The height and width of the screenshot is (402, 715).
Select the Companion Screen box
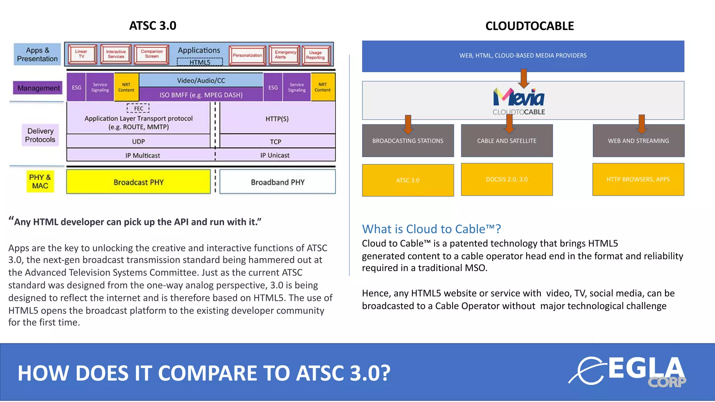pos(152,54)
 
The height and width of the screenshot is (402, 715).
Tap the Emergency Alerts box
pos(285,55)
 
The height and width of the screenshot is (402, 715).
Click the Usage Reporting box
pos(316,55)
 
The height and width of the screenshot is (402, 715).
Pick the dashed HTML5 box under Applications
pos(200,62)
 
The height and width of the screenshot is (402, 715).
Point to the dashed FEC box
pos(138,108)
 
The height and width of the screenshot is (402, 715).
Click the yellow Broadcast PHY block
pos(138,182)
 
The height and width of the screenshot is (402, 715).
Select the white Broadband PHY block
pos(278,182)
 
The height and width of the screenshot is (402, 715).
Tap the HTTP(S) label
pos(277,119)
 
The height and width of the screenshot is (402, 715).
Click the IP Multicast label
pos(142,155)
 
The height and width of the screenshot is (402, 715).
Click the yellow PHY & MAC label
pos(40,181)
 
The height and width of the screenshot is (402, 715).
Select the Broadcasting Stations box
pos(408,141)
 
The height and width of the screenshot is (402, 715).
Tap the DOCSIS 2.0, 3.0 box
pos(507,179)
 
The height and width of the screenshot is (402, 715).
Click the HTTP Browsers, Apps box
pos(638,179)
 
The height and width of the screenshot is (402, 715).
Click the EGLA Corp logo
pos(628,372)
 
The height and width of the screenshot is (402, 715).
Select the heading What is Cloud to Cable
pos(432,229)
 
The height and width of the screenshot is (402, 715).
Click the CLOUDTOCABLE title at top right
pos(529,26)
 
